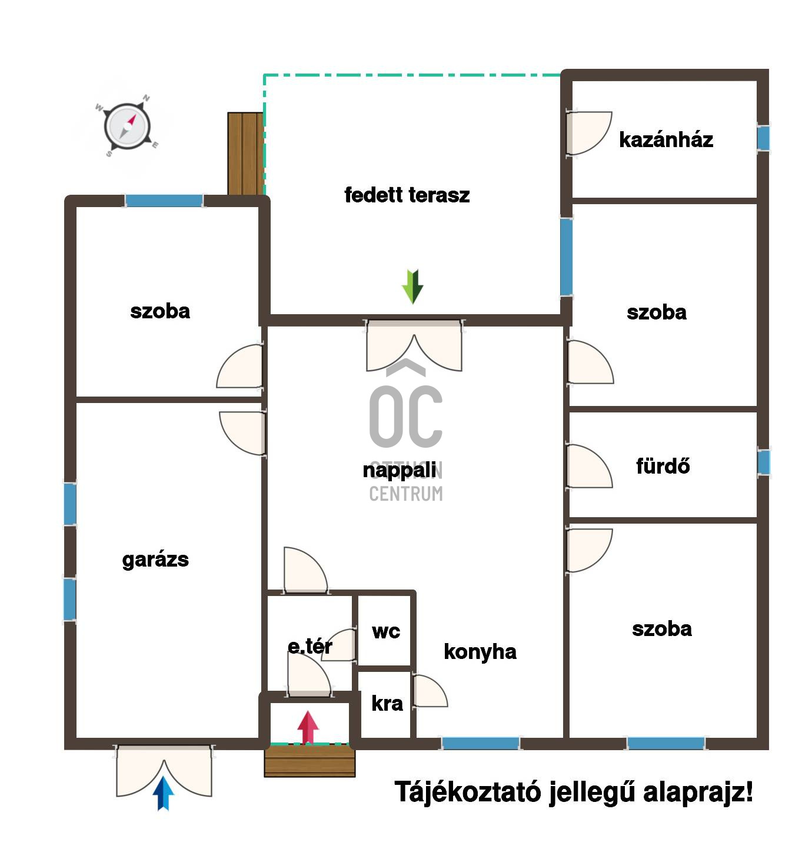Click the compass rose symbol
(127, 126)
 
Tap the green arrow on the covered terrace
(412, 286)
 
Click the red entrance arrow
(308, 727)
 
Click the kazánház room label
(665, 140)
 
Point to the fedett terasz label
(407, 195)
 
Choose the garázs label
(155, 560)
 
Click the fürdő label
(663, 466)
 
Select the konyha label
(480, 651)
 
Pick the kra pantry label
(387, 704)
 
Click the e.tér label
(310, 646)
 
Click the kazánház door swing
(588, 134)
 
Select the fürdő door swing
(589, 466)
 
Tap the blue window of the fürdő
(764, 462)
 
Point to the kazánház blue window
(764, 138)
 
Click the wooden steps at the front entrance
(310, 761)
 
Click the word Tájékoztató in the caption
(468, 792)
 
